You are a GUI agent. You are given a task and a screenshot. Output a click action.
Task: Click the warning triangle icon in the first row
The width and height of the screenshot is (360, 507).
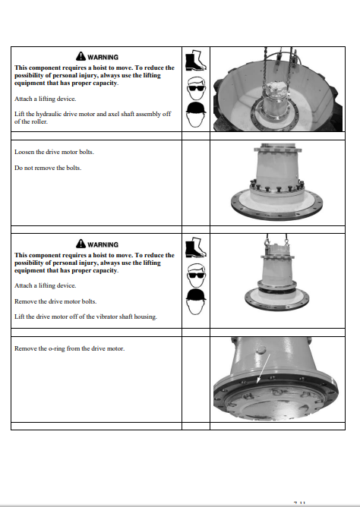tap(81, 56)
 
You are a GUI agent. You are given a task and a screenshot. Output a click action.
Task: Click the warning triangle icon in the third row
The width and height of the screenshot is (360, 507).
tap(81, 244)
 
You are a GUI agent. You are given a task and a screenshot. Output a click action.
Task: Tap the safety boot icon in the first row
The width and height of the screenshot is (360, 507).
tap(196, 61)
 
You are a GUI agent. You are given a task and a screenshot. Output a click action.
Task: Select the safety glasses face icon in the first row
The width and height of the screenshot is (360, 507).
tap(196, 88)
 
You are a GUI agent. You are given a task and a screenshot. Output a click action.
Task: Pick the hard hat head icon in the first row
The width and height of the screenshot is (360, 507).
tap(196, 115)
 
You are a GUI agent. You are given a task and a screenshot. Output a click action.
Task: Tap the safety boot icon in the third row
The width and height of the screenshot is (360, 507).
tap(196, 247)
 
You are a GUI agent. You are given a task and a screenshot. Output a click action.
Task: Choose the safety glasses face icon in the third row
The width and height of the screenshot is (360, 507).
tap(196, 276)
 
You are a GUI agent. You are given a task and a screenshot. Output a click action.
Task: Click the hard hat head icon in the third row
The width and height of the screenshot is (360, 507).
tap(196, 301)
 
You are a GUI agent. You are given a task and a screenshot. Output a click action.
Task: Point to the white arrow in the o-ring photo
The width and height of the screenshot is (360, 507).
tap(264, 368)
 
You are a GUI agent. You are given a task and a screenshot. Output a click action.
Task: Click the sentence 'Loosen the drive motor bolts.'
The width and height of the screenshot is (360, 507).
tap(55, 152)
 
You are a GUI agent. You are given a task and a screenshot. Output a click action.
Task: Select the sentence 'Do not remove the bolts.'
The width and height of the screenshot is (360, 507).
tap(48, 168)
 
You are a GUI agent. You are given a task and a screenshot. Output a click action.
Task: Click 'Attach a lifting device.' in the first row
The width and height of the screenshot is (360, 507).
tap(46, 99)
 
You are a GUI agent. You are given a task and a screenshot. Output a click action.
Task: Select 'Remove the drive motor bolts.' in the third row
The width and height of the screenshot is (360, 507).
tap(55, 301)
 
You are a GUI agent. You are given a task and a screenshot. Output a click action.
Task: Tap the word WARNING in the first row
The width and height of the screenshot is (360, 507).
tap(103, 57)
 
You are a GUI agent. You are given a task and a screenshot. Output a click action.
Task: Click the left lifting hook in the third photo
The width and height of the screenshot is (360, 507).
tap(267, 241)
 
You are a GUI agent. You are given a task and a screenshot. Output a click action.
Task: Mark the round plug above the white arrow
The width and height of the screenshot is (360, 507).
tap(261, 350)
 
